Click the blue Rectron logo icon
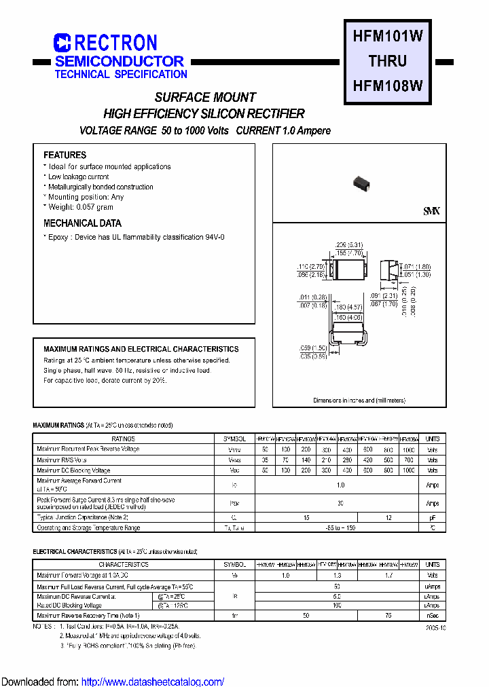click(x=62, y=43)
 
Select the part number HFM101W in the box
click(x=388, y=37)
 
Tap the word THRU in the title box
click(x=388, y=61)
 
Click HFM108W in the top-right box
click(x=388, y=86)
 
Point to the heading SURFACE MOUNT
click(x=205, y=97)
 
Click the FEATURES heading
click(x=65, y=155)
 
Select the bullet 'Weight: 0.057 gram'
click(x=81, y=207)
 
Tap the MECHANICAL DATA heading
click(x=82, y=223)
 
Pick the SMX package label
click(x=431, y=212)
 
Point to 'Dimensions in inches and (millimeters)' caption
click(x=359, y=401)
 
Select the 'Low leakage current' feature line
click(x=78, y=177)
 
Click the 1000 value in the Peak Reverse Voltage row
click(x=408, y=449)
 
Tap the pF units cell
click(x=432, y=517)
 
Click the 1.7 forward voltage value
click(x=388, y=575)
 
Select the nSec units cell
click(x=432, y=616)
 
